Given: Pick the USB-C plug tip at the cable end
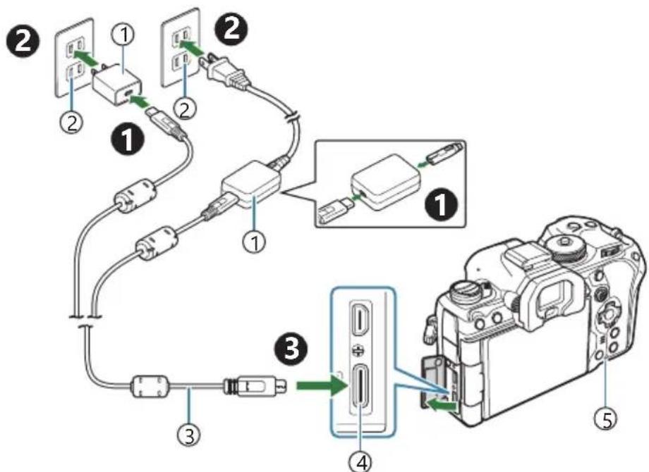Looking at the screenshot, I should (x=280, y=387).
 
